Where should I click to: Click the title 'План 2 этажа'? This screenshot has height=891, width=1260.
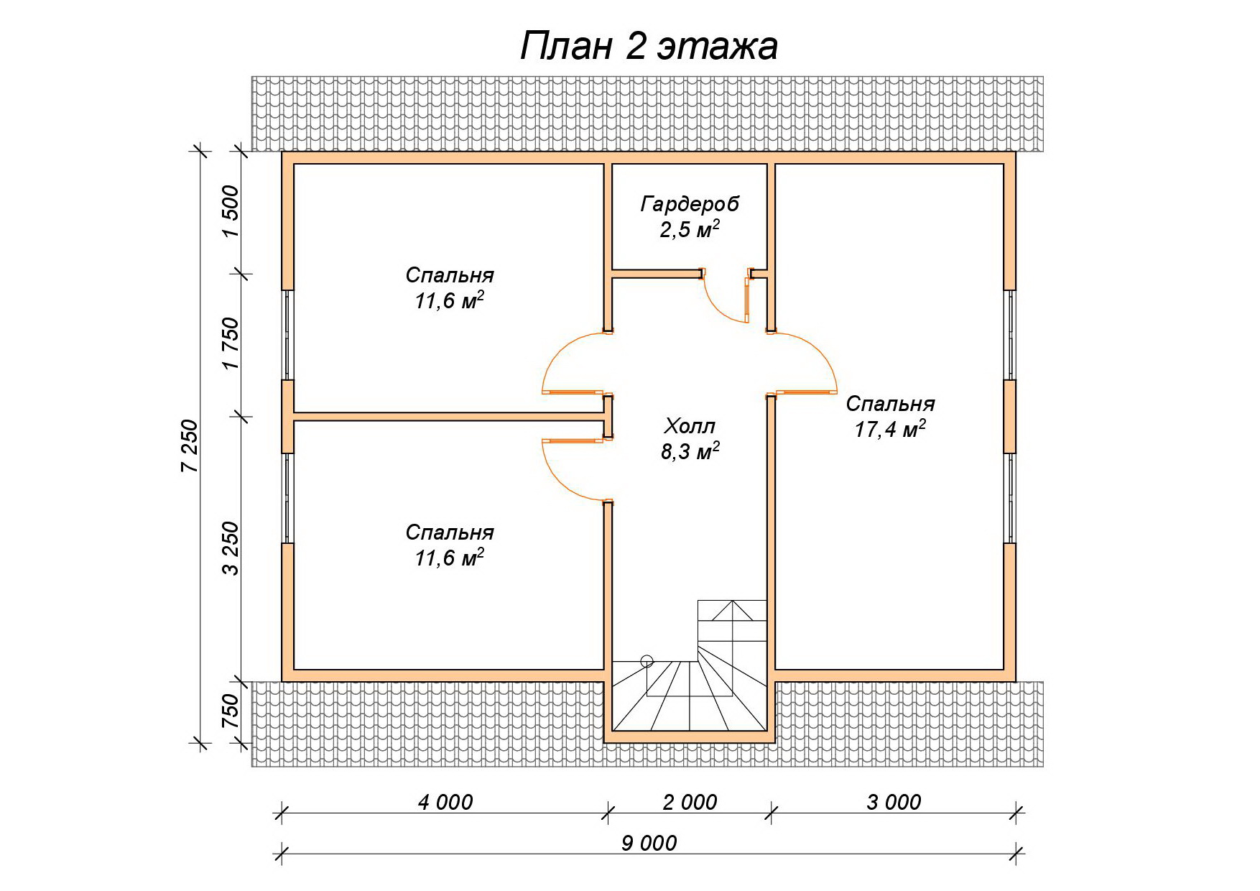pos(648,47)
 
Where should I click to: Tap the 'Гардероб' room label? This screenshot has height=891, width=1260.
pos(690,204)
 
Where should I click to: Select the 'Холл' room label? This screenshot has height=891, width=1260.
pos(690,426)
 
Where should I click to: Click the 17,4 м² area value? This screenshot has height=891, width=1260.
pos(890,429)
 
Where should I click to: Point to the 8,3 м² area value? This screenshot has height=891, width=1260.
pos(690,451)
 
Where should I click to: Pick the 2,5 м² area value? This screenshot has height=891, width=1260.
pos(690,229)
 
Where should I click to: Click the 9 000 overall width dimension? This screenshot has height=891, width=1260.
pos(649,842)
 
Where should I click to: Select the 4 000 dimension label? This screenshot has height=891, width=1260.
pos(445,801)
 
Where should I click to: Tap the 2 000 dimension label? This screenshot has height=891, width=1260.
pos(690,801)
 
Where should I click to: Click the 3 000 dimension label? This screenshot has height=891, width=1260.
pos(894,801)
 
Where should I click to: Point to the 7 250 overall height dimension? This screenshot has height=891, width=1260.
pos(189,445)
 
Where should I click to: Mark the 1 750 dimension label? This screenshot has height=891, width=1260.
pos(230,343)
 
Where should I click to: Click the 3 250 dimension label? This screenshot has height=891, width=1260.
pos(230,548)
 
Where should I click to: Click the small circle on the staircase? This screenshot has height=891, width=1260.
pos(647,659)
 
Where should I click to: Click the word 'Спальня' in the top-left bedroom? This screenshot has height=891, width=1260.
pos(450,275)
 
